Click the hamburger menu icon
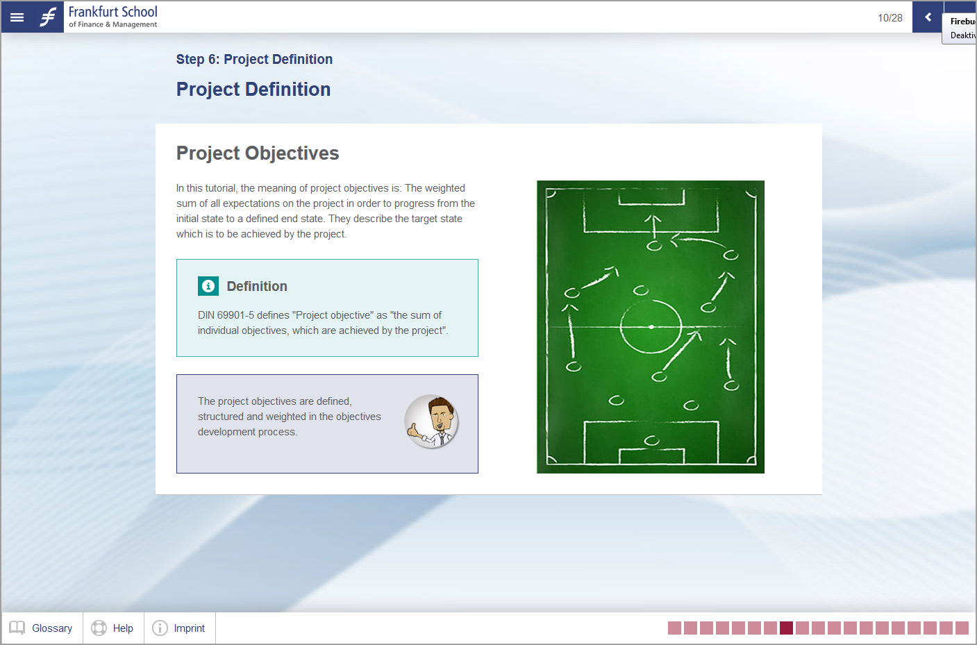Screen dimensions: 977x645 pos(17,17)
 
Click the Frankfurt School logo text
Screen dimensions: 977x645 pos(113,17)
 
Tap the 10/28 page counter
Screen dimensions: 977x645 pos(890,18)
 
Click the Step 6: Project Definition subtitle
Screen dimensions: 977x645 pos(254,59)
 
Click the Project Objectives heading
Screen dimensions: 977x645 pos(258,153)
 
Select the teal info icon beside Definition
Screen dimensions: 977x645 pos(208,286)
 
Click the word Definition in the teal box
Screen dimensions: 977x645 pos(257,286)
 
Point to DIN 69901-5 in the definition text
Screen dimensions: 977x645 pos(226,315)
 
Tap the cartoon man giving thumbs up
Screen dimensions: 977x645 pos(431,421)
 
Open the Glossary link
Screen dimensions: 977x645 pos(52,628)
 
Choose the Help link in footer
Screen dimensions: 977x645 pos(123,628)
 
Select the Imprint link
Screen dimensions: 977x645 pos(190,628)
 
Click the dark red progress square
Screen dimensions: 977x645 pos(787,628)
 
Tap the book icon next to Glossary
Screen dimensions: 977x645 pos(17,628)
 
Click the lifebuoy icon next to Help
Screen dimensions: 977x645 pos(99,628)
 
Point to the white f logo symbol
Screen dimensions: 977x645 pos(48,17)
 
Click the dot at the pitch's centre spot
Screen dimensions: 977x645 pos(651,326)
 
